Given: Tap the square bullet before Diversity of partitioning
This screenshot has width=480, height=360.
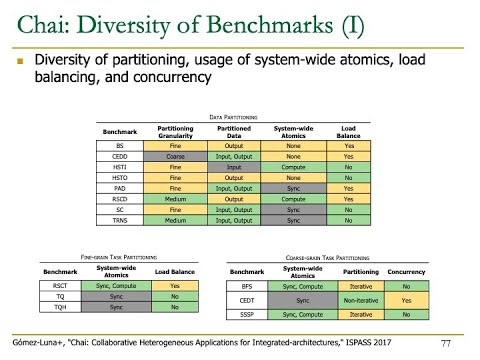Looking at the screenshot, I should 19,62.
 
